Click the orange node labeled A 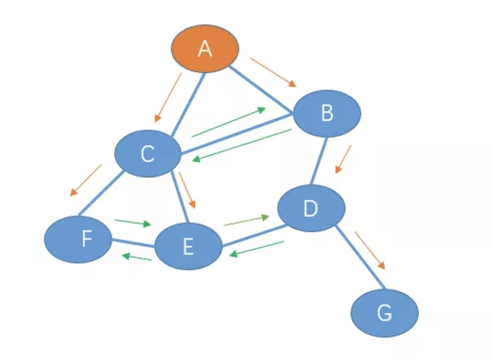pyautogui.click(x=205, y=48)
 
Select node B pyautogui.click(x=327, y=113)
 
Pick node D pyautogui.click(x=311, y=208)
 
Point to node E pyautogui.click(x=188, y=246)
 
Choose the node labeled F pyautogui.click(x=78, y=239)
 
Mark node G pyautogui.click(x=385, y=313)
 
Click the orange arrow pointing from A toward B pyautogui.click(x=273, y=72)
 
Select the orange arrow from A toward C pyautogui.click(x=168, y=97)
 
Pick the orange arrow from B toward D pyautogui.click(x=343, y=158)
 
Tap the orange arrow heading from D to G pyautogui.click(x=369, y=250)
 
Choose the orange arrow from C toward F pyautogui.click(x=86, y=180)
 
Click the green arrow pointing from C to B pyautogui.click(x=228, y=122)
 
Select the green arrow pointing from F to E pyautogui.click(x=133, y=222)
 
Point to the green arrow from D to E pyautogui.click(x=257, y=248)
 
